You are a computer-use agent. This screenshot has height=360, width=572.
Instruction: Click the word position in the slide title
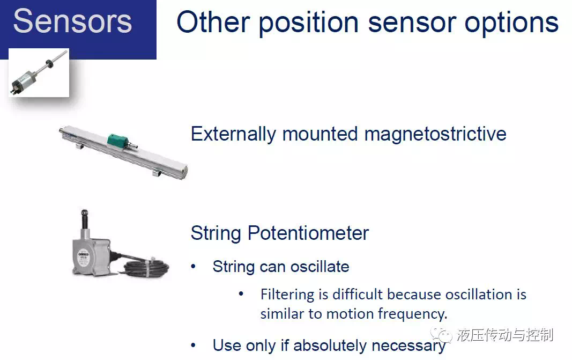pos(309,23)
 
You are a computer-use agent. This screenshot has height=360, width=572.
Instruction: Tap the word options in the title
pos(511,23)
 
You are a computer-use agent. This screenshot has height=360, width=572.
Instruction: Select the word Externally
pos(233,134)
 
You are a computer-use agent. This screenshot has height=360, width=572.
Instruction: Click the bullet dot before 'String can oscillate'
pos(194,267)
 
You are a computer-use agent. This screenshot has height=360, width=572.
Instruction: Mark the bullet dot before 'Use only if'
pos(194,346)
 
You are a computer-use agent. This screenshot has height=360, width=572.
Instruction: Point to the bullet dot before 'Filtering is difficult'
pos(241,294)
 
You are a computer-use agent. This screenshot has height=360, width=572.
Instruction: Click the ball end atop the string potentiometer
pos(84,212)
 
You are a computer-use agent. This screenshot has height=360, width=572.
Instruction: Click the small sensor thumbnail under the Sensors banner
pos(39,72)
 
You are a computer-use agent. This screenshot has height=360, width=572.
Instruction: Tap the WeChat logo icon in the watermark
pos(441,334)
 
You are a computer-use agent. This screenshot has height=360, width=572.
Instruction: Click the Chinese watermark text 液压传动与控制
pos(505,335)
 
